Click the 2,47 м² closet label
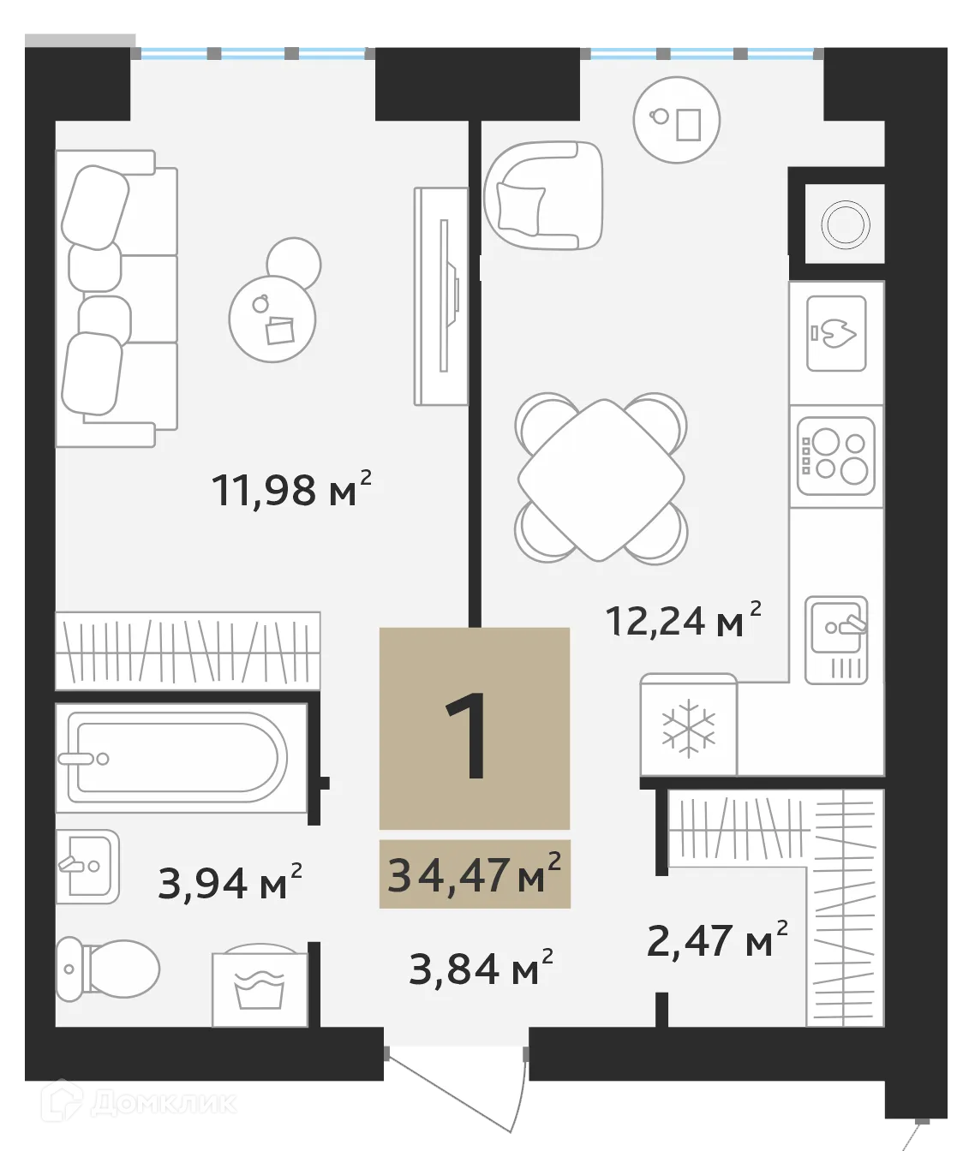click(x=716, y=941)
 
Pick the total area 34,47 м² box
click(x=475, y=874)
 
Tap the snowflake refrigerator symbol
click(x=689, y=729)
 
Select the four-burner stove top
click(x=835, y=456)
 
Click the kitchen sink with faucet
click(x=836, y=639)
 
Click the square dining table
click(x=601, y=480)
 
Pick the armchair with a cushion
click(x=543, y=196)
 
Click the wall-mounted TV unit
click(x=442, y=296)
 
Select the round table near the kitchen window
click(x=676, y=120)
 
